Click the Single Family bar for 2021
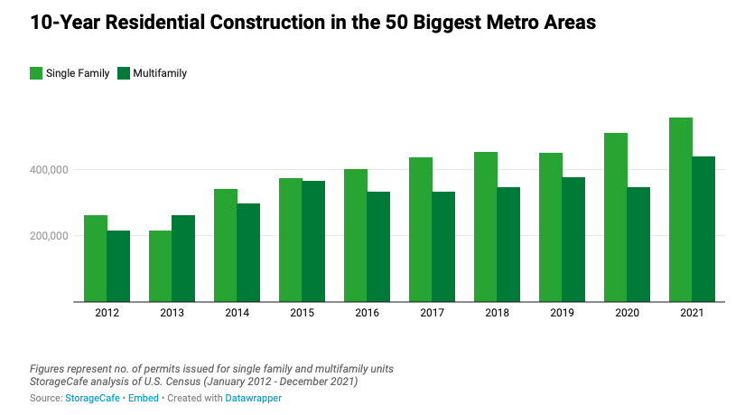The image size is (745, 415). [681, 210]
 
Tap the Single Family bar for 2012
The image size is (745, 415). [96, 259]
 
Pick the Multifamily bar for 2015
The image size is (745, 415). [313, 241]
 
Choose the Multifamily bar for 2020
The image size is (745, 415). [638, 244]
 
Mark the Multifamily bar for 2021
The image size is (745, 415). [703, 230]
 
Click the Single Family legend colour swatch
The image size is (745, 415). [35, 73]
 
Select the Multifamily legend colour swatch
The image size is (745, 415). [123, 73]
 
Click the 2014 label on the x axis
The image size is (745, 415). [237, 313]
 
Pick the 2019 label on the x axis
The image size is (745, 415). [562, 313]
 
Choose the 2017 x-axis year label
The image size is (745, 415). [432, 313]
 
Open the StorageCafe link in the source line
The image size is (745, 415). [91, 398]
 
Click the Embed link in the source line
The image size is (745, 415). [141, 398]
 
